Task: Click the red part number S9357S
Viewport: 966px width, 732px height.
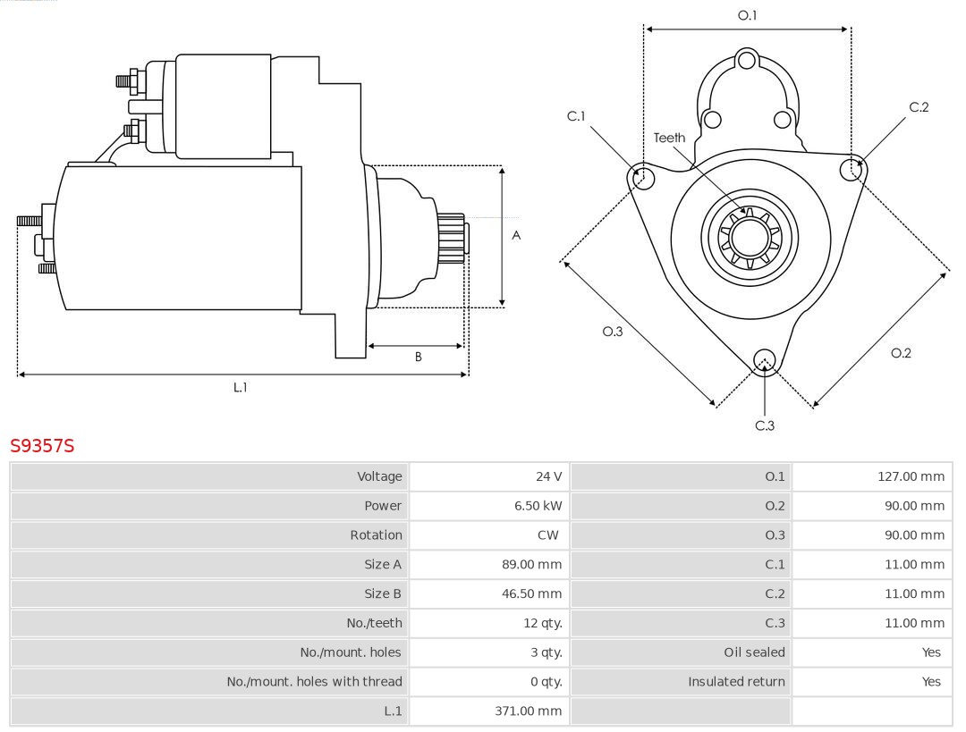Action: tap(42, 445)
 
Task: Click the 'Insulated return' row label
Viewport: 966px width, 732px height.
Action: tap(736, 681)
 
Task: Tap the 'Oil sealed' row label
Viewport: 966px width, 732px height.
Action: tap(754, 652)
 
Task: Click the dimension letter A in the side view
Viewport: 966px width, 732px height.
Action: tap(516, 236)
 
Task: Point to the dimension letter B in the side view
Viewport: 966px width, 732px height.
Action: tap(418, 357)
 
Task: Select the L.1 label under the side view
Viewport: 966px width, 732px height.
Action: tap(240, 387)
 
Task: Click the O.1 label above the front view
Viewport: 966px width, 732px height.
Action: tap(747, 15)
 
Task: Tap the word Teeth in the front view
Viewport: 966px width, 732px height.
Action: tap(669, 138)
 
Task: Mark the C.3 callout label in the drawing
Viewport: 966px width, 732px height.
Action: tap(765, 425)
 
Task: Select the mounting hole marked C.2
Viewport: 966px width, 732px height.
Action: tap(852, 169)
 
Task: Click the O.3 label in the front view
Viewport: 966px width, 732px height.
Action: tap(612, 332)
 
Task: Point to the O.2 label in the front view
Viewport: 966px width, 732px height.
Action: tap(901, 353)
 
